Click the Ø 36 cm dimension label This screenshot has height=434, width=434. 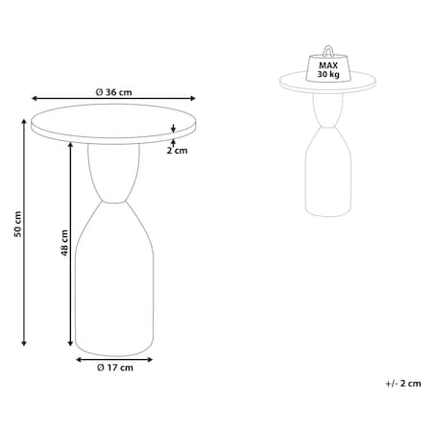(x=113, y=92)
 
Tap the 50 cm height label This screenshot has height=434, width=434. (x=18, y=224)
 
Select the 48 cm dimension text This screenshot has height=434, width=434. (x=65, y=243)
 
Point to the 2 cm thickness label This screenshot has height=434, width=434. (x=177, y=150)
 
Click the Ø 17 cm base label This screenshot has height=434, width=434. (x=115, y=368)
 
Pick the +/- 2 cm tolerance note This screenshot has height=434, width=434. (x=403, y=383)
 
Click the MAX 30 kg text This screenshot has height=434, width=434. (x=328, y=70)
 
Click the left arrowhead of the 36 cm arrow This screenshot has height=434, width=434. (x=34, y=98)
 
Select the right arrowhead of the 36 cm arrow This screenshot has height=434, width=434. (x=193, y=98)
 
